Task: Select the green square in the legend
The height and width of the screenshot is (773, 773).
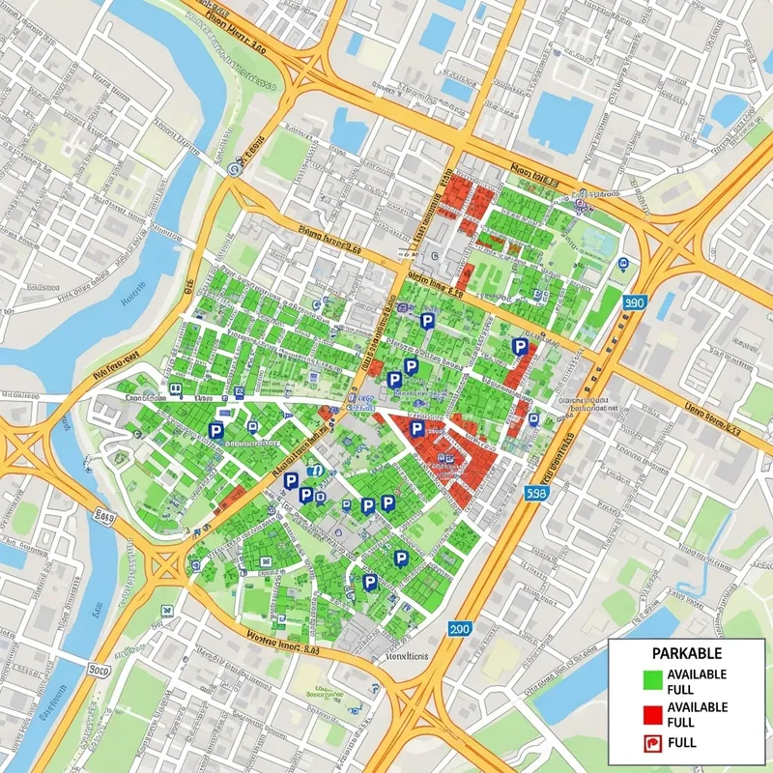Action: (652, 681)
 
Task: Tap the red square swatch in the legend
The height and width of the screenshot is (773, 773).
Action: (652, 714)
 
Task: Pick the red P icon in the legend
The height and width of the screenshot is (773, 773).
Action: (652, 743)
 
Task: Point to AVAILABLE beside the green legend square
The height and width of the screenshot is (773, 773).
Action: (697, 674)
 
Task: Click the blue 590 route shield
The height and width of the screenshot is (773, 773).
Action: (634, 303)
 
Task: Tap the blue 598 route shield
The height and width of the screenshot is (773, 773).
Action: (539, 493)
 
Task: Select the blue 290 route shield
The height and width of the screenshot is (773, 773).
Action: (461, 628)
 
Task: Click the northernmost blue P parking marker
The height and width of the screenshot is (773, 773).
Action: (426, 320)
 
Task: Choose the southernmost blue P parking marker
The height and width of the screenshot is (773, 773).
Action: (369, 581)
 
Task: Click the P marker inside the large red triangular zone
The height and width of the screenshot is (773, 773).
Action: (417, 428)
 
